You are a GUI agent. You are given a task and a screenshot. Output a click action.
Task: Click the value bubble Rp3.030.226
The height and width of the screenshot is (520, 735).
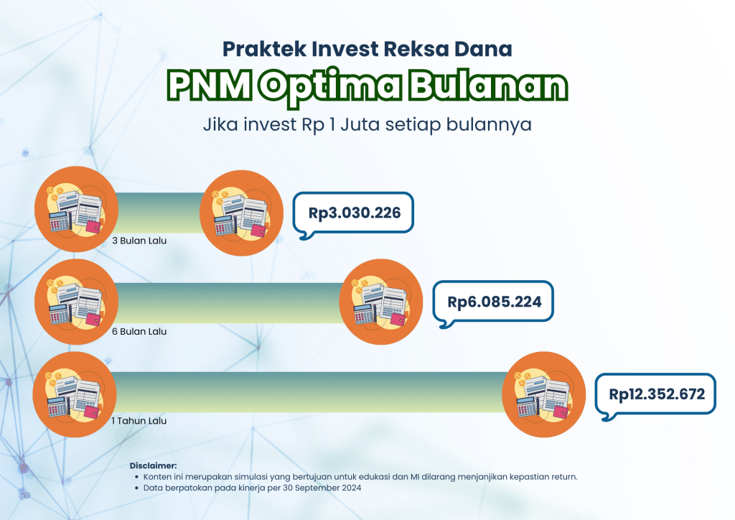pyautogui.click(x=353, y=213)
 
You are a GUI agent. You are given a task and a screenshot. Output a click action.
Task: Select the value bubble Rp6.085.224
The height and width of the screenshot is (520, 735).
pyautogui.click(x=493, y=302)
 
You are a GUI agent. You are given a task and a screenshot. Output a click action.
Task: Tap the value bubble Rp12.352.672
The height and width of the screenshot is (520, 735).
pyautogui.click(x=656, y=394)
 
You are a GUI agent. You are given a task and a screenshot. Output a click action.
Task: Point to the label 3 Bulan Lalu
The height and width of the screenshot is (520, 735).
pyautogui.click(x=139, y=241)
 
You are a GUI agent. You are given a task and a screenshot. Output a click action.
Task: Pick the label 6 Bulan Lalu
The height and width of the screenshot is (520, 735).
pyautogui.click(x=139, y=332)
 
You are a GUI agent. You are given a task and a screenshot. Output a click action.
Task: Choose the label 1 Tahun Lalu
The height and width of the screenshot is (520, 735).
pyautogui.click(x=139, y=421)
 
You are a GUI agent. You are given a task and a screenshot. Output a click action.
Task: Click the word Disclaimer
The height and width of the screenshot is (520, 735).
pyautogui.click(x=154, y=465)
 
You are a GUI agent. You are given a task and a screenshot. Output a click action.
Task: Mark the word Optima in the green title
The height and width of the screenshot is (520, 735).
pyautogui.click(x=332, y=86)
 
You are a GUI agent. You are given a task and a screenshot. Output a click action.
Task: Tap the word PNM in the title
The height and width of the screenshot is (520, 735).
pyautogui.click(x=210, y=85)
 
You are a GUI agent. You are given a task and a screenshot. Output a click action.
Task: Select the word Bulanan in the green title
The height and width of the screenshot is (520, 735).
pyautogui.click(x=488, y=85)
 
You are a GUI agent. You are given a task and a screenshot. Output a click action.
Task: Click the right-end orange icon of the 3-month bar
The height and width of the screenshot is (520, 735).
pyautogui.click(x=241, y=213)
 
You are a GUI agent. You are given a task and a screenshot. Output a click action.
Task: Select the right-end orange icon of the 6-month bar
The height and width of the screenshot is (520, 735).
pyautogui.click(x=380, y=302)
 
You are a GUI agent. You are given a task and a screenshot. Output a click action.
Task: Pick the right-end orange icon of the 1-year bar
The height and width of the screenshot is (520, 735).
pyautogui.click(x=544, y=394)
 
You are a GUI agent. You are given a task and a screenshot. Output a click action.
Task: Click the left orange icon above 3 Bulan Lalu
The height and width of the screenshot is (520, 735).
pyautogui.click(x=76, y=209)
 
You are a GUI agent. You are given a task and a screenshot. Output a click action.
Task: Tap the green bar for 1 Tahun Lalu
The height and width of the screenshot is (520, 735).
pyautogui.click(x=309, y=392)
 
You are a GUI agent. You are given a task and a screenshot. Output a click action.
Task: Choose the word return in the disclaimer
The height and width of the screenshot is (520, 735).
pyautogui.click(x=564, y=477)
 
